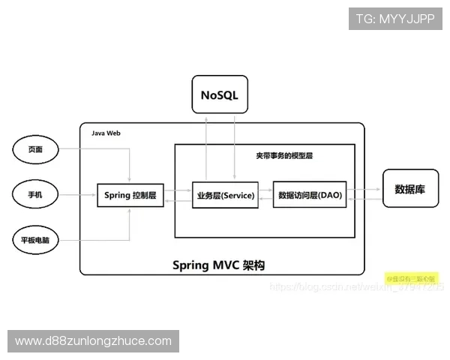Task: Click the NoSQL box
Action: (x=219, y=95)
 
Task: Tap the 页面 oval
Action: (x=35, y=150)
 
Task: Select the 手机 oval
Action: (x=35, y=195)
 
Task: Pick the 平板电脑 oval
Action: (x=35, y=241)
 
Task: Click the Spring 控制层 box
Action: (x=130, y=196)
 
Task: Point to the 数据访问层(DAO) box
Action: (x=310, y=196)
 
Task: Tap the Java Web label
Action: (x=106, y=133)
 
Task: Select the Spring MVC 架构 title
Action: (x=218, y=265)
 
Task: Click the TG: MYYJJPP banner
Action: (x=394, y=19)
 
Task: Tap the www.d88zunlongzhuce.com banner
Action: (x=93, y=341)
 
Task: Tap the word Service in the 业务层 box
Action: (x=236, y=196)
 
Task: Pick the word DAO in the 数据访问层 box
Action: (x=330, y=196)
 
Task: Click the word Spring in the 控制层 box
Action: (x=117, y=196)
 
